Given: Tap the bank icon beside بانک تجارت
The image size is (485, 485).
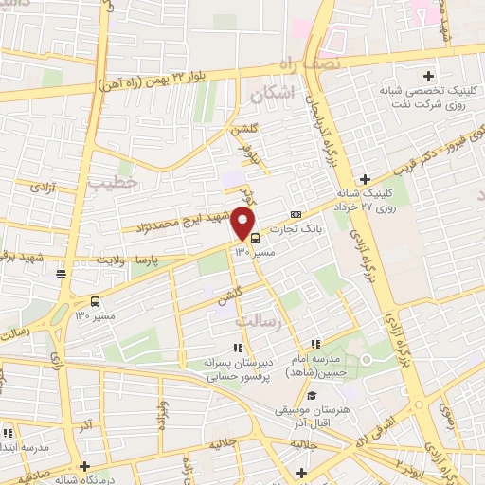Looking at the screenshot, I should (296, 214).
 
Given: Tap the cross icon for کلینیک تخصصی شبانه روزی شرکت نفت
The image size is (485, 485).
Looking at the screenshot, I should (428, 76).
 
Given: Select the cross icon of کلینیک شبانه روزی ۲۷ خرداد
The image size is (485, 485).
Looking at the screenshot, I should (365, 179).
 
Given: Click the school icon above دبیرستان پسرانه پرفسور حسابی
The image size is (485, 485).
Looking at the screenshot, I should (236, 348).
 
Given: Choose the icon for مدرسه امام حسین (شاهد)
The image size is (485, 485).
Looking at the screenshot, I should (315, 345).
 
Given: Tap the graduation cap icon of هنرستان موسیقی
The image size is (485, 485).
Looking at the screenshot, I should (312, 395).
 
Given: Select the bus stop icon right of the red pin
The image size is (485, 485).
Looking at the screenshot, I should (255, 238).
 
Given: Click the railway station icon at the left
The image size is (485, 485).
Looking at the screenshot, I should (61, 275).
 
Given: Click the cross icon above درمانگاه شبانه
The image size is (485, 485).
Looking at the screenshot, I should (86, 466).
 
